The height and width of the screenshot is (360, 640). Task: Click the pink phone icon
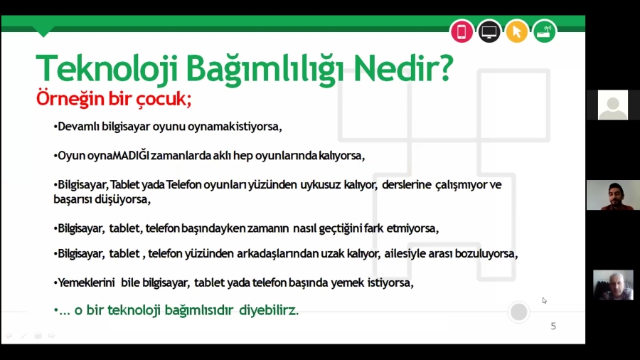tap(462, 31)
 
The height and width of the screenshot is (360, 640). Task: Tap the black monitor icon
tap(489, 31)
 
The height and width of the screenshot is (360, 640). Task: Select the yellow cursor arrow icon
tap(517, 31)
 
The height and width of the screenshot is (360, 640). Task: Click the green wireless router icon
tap(545, 31)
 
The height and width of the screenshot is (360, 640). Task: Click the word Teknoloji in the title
tap(107, 68)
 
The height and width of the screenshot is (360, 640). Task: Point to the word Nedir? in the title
tap(403, 68)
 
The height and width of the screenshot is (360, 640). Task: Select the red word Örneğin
tap(70, 98)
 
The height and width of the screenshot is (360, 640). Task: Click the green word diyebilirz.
tap(269, 310)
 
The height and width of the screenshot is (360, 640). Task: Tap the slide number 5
tap(553, 326)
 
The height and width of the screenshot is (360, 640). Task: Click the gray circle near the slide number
tap(519, 312)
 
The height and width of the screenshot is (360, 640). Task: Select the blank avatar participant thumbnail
tap(613, 105)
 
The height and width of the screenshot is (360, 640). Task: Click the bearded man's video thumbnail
tap(613, 195)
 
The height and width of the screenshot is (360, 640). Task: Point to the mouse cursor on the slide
tap(545, 300)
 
